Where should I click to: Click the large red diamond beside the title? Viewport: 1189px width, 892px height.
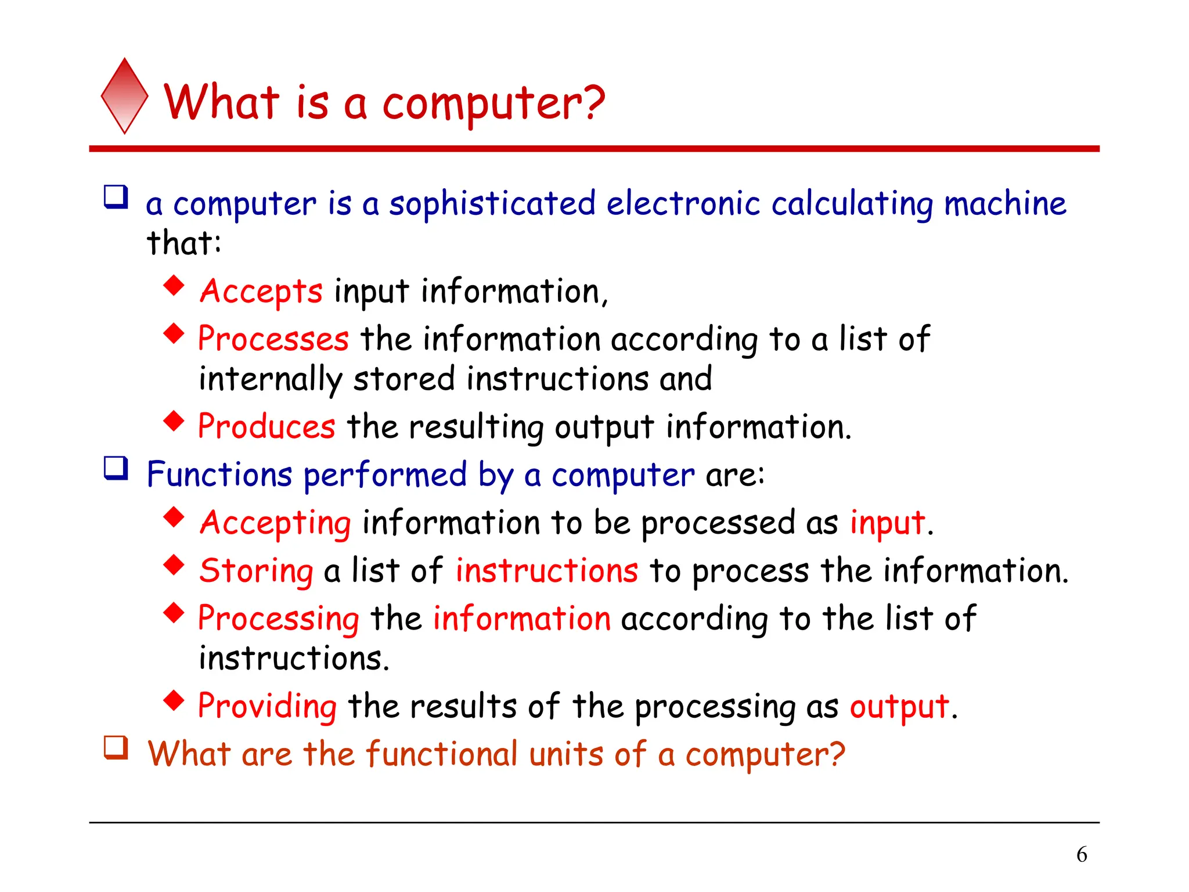(x=124, y=96)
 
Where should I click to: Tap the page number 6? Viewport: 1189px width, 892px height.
(x=1082, y=854)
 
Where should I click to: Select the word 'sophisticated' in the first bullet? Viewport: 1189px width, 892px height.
(x=492, y=204)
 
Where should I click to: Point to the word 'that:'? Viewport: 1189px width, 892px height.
(x=183, y=243)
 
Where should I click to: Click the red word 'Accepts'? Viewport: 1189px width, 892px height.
(x=261, y=292)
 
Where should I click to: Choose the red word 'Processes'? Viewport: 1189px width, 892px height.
(x=273, y=339)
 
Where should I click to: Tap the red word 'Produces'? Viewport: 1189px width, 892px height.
(x=266, y=427)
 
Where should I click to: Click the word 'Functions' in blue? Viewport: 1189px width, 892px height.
(x=219, y=474)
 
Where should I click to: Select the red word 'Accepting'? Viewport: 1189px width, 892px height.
(x=276, y=523)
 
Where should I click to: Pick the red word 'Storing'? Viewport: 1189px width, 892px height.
(x=257, y=571)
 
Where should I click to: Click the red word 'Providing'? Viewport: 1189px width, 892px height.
(x=267, y=707)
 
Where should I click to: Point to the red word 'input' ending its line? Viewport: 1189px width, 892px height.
(x=887, y=523)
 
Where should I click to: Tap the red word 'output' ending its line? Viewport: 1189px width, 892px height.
(x=899, y=707)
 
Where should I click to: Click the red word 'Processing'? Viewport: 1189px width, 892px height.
(x=279, y=618)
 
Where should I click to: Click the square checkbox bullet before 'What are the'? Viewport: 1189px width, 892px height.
(x=116, y=747)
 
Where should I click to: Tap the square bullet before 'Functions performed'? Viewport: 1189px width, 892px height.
(x=116, y=468)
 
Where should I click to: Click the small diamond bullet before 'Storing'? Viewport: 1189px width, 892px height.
(x=174, y=564)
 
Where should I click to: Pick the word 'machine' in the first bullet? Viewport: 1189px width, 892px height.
(x=1005, y=204)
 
